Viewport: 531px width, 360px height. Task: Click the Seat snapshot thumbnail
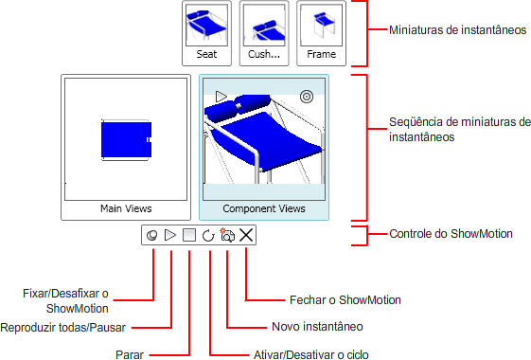click(206, 33)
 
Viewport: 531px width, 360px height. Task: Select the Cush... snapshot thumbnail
click(264, 33)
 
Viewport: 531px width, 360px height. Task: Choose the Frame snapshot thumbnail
click(322, 33)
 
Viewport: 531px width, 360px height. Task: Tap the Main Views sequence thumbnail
click(126, 148)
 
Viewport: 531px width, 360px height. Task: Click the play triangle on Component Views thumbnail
click(221, 97)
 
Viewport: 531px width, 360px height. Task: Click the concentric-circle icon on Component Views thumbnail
click(307, 97)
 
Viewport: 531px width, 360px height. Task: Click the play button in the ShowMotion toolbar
click(170, 235)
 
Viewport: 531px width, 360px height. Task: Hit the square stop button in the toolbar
click(189, 235)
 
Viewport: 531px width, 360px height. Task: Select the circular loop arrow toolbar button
click(208, 235)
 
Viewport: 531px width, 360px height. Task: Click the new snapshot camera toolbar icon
click(227, 235)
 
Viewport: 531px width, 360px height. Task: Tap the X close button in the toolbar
click(246, 235)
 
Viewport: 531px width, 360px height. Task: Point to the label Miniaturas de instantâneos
click(457, 29)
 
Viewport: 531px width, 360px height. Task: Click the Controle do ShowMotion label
click(451, 234)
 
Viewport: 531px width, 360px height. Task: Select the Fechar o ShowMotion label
click(345, 300)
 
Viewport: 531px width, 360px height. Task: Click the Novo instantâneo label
click(317, 327)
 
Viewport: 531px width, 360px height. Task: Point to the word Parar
click(130, 355)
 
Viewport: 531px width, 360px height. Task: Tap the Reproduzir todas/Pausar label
click(63, 328)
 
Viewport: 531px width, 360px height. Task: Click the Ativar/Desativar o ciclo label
click(311, 355)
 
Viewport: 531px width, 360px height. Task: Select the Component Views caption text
click(264, 208)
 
